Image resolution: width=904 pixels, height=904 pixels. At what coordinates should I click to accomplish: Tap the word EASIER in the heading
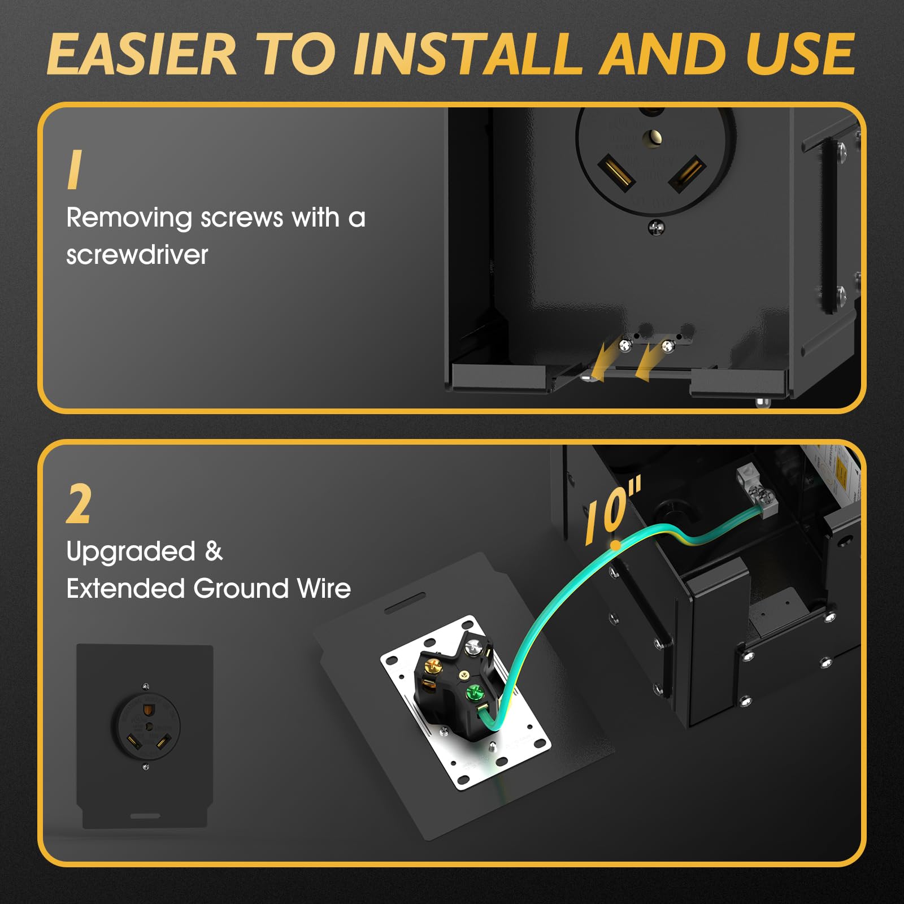coord(141,55)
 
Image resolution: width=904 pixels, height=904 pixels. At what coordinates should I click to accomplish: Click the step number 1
coord(75,169)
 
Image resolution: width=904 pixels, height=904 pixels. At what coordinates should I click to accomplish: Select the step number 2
coord(79,505)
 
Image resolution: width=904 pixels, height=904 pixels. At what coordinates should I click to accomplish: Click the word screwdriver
coord(137,255)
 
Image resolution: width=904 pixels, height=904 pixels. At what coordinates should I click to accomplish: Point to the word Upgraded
coord(131,551)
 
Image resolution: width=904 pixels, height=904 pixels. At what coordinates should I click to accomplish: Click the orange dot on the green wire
coord(615,546)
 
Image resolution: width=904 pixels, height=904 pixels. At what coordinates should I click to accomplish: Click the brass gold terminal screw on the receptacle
coord(433,666)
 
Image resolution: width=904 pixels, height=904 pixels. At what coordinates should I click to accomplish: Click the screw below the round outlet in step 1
coord(656,228)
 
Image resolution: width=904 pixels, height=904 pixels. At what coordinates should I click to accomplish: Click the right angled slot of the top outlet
coord(686,173)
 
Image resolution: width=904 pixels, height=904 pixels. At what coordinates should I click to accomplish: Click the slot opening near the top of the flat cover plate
coord(405,603)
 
